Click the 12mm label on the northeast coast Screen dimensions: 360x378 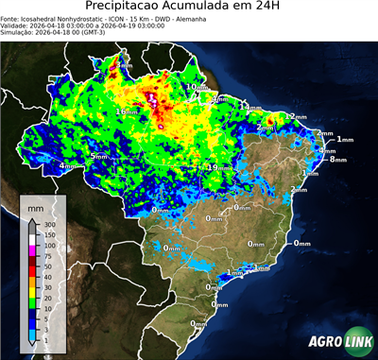pos(297,116)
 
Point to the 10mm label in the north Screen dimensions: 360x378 pos(196,86)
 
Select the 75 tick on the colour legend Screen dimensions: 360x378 pos(43,256)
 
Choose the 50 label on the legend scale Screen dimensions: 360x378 pos(43,266)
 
